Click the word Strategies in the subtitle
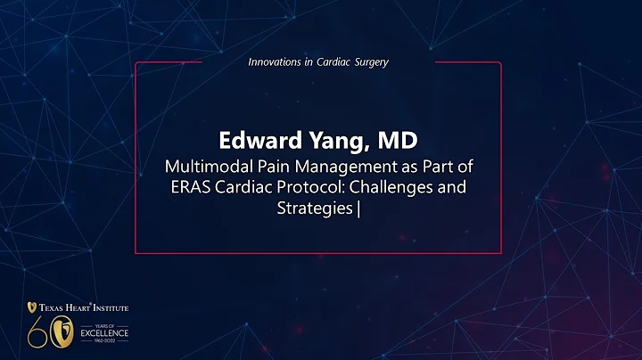coord(314,211)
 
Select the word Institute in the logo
coord(108,308)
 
